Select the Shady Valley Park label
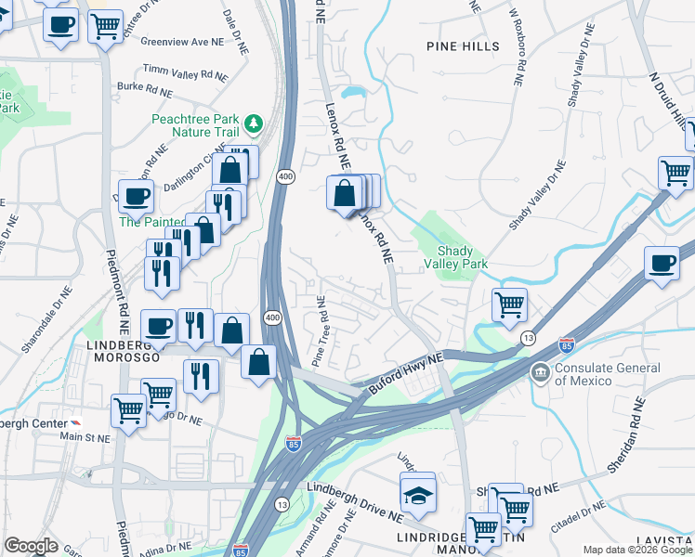[455, 258]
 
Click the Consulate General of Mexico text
[609, 374]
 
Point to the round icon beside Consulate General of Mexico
[540, 373]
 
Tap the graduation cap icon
[418, 495]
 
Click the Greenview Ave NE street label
[181, 41]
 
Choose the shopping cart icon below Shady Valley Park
[509, 305]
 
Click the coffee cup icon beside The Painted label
[136, 198]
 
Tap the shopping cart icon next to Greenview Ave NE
[106, 26]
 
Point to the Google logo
[31, 546]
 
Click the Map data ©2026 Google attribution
[637, 550]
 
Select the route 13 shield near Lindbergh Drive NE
[282, 503]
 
